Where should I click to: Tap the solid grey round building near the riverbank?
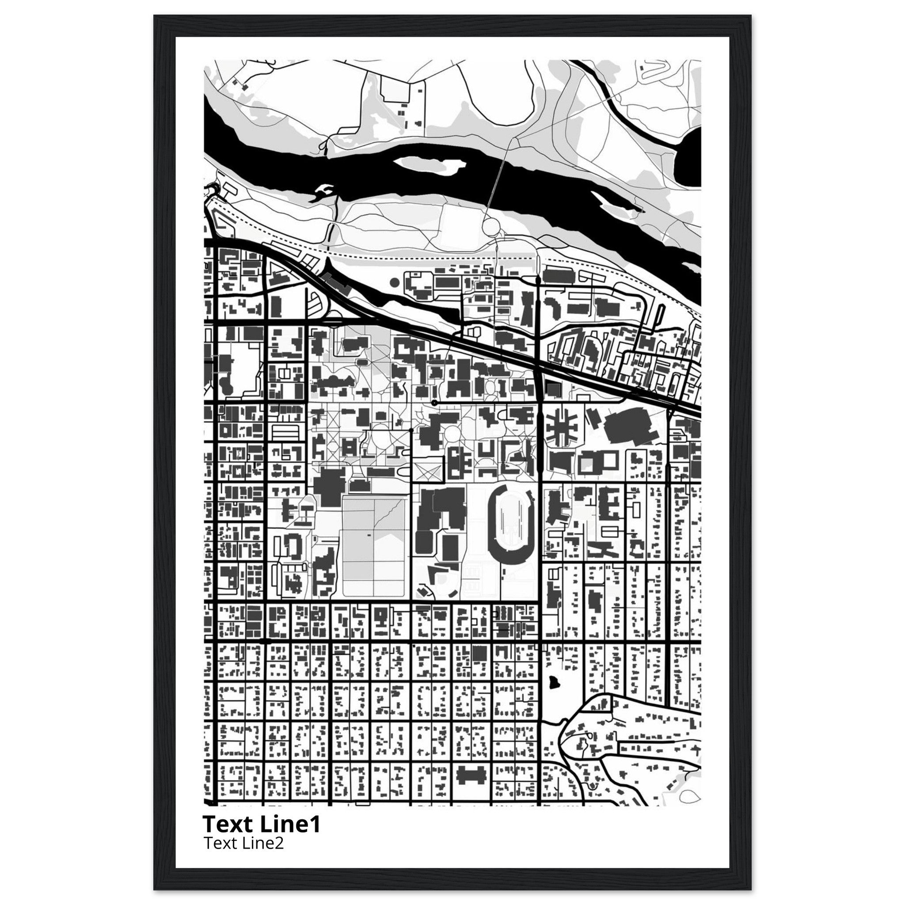395,282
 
